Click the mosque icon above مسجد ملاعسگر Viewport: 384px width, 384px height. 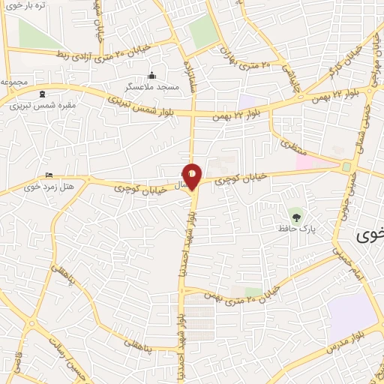point(152,76)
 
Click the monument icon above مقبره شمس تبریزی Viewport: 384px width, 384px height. point(42,94)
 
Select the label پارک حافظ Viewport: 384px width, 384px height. point(296,228)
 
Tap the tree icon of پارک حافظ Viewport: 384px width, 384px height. point(296,217)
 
